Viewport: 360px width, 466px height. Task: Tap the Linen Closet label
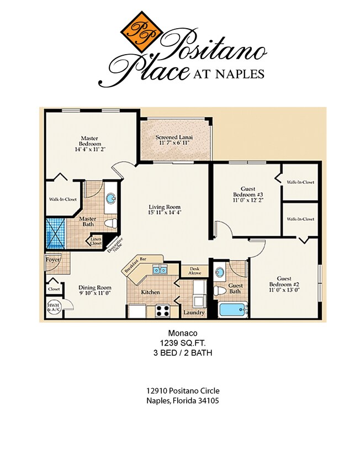click(96, 241)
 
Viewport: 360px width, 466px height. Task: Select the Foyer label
click(53, 259)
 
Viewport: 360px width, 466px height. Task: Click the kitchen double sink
click(160, 271)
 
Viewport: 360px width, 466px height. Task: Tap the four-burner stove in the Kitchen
click(162, 311)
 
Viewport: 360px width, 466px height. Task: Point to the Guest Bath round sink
click(220, 273)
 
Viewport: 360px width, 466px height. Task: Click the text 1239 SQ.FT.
click(179, 343)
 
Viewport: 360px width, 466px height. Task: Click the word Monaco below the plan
click(179, 333)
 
